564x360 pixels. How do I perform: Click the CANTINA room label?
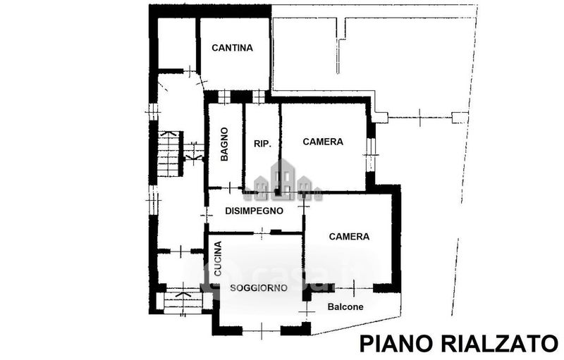[232, 48]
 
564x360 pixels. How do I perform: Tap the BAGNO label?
[224, 144]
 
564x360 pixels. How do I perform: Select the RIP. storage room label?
[262, 144]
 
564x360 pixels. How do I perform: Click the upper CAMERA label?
[323, 142]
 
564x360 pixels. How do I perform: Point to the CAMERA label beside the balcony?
[349, 237]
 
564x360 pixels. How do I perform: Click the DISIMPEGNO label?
[254, 211]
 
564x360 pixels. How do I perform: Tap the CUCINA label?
[218, 259]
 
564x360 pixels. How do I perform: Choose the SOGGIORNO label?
[259, 287]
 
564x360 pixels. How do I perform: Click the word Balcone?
[345, 307]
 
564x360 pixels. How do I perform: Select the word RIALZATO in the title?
[499, 344]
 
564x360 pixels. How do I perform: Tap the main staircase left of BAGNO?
[168, 154]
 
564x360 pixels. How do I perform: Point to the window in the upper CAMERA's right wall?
[371, 155]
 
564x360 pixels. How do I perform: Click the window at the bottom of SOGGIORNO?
[262, 330]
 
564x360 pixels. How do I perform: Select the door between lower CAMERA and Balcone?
[354, 288]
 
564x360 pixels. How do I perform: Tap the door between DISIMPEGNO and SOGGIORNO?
[262, 232]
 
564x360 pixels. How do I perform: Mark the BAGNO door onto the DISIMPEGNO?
[231, 187]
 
